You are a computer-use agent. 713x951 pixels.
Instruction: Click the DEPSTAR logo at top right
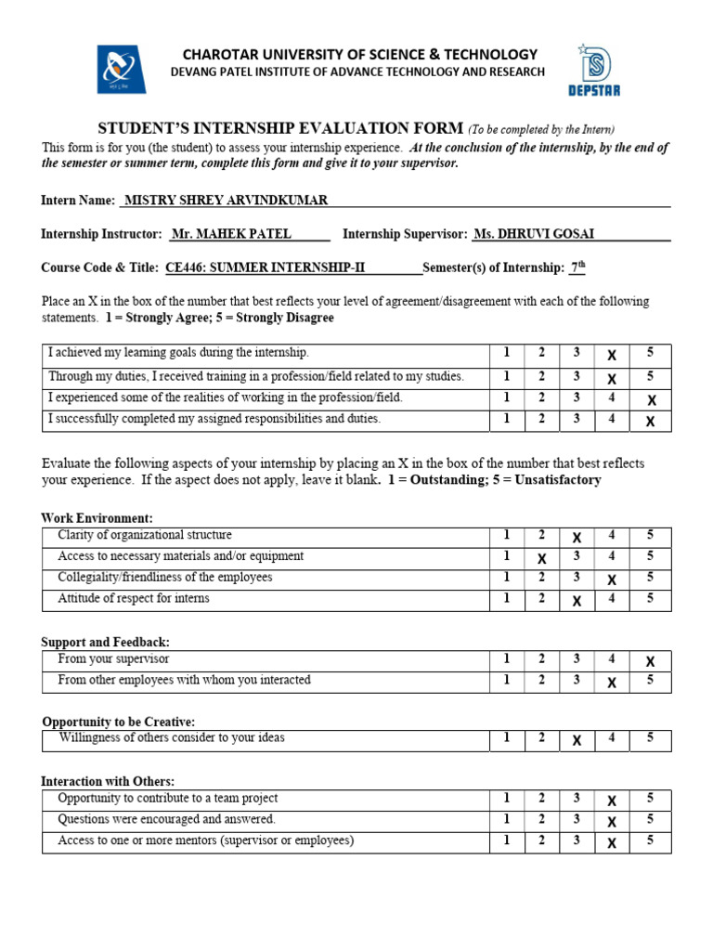coord(593,69)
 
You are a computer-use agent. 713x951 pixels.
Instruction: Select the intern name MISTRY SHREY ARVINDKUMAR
coord(226,201)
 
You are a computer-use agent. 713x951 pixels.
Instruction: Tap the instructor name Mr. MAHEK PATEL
coord(231,234)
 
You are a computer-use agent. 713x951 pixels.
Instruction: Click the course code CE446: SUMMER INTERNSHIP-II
coord(266,267)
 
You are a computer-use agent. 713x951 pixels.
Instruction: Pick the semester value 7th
coord(577,267)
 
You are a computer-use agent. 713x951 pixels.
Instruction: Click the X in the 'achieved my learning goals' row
coord(611,355)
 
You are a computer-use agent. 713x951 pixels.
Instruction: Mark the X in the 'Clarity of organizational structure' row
coord(577,538)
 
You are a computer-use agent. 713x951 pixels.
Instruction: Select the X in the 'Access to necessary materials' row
coord(541,558)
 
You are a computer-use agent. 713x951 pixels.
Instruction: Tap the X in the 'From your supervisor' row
coord(650,661)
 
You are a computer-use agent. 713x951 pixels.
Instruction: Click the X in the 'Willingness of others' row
coord(577,740)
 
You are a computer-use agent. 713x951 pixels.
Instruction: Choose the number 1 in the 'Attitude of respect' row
coord(507,599)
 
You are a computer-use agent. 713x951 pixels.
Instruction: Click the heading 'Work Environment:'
coord(97,518)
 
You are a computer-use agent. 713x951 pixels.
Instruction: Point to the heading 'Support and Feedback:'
coord(105,642)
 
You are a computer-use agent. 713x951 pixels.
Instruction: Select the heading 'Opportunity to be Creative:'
coord(119,722)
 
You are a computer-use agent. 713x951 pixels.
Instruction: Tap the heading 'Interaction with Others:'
coord(108,781)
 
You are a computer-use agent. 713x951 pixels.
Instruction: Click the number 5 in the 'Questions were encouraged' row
coord(650,820)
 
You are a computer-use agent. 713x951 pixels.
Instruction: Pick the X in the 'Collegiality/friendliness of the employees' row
coord(611,580)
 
